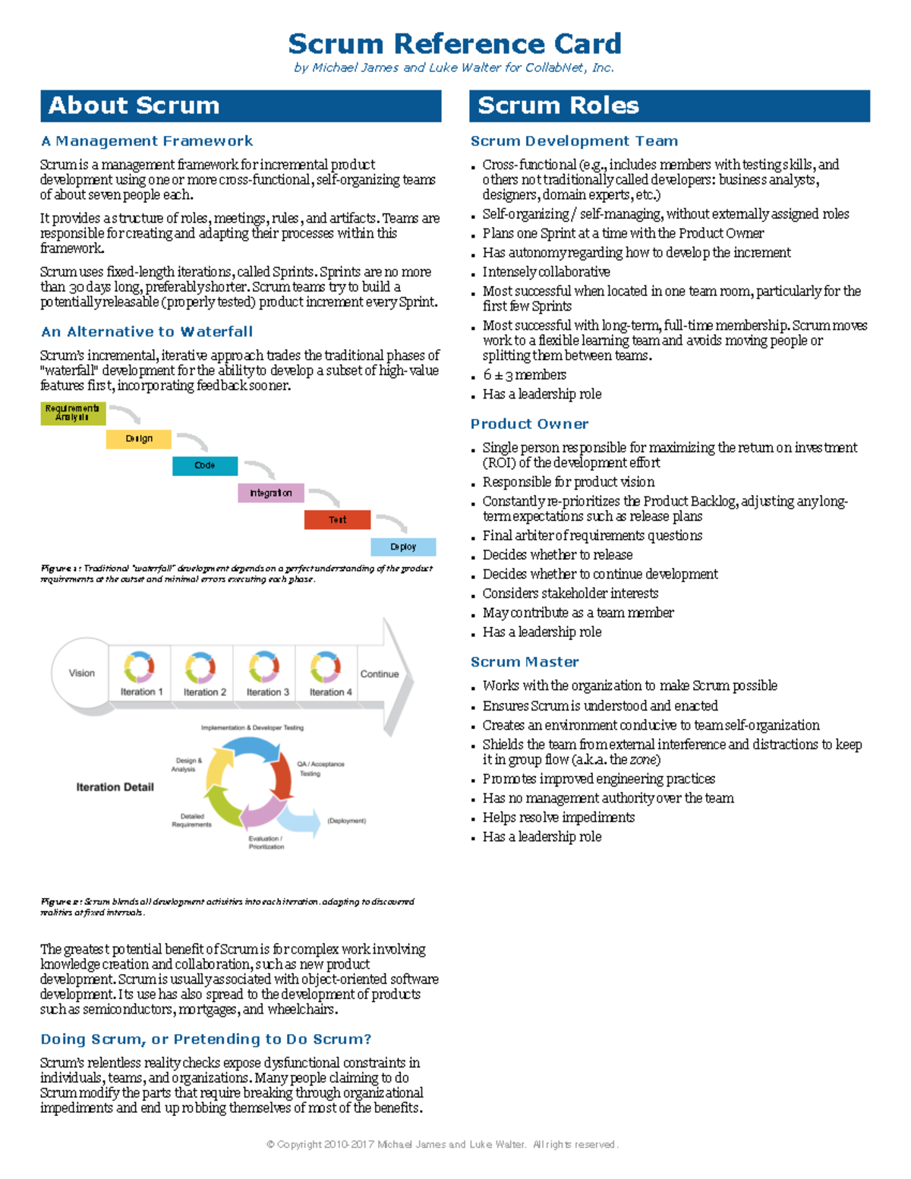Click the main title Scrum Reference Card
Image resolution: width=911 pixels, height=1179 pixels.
coord(455,44)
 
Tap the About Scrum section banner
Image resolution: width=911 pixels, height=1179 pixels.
coord(241,106)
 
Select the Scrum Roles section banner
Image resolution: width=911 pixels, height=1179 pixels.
coord(669,106)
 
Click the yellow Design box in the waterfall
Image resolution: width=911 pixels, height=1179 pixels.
coord(139,439)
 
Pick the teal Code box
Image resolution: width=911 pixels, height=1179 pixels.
coord(204,465)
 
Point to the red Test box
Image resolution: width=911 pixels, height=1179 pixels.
coord(337,519)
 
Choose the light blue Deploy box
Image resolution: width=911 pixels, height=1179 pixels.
coord(403,547)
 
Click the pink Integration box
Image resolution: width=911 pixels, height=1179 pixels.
coord(271,493)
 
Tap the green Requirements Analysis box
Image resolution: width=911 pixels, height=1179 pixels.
coord(72,413)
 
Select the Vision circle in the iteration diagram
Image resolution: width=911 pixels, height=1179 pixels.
coord(81,673)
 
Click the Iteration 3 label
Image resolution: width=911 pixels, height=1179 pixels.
coord(267,692)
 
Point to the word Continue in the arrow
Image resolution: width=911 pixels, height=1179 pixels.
coord(380,674)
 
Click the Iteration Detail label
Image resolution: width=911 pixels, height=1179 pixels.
coord(115,787)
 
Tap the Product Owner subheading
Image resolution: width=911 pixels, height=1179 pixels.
coord(529,424)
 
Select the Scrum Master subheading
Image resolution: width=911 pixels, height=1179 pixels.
coord(525,662)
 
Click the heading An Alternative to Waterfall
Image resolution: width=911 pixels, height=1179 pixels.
coord(147,332)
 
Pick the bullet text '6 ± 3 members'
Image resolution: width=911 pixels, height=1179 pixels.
coord(524,375)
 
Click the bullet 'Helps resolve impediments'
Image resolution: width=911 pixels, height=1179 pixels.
coord(558,818)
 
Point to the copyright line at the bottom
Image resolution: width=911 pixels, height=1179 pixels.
coord(443,1145)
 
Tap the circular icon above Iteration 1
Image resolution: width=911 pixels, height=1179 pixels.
coord(139,667)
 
